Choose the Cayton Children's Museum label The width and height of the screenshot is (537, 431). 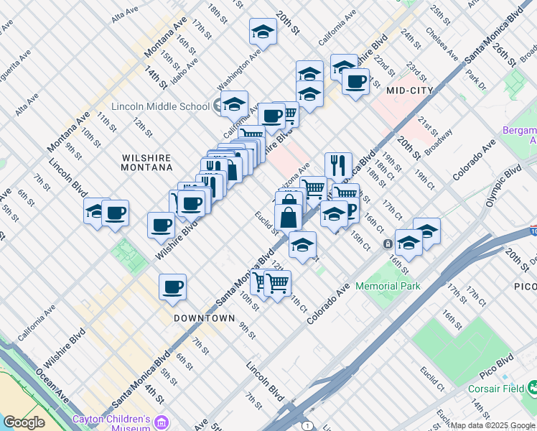click(x=111, y=423)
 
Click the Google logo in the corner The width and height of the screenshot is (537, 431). click(x=24, y=422)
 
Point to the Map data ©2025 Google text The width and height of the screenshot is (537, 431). click(x=492, y=425)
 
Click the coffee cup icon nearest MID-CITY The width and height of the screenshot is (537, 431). click(x=355, y=82)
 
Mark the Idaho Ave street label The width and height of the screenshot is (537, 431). click(x=185, y=60)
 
